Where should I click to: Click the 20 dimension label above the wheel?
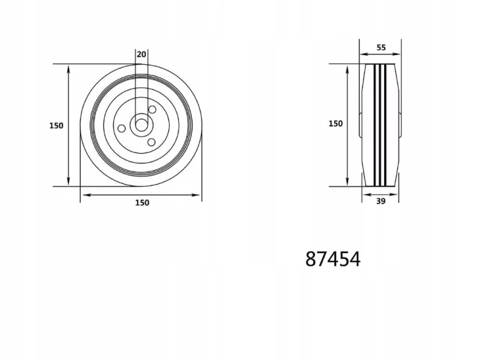coord(141,54)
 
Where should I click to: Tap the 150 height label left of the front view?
coord(56,126)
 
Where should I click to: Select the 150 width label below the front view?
coord(142,203)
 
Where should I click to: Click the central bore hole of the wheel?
coord(141,125)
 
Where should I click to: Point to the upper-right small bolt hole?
coord(152,110)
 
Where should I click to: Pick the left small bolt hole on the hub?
coord(122,128)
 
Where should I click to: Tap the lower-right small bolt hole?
coord(151,142)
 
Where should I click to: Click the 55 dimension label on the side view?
coord(381,47)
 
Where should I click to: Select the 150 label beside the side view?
coord(335,124)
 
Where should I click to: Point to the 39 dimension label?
coord(381,201)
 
